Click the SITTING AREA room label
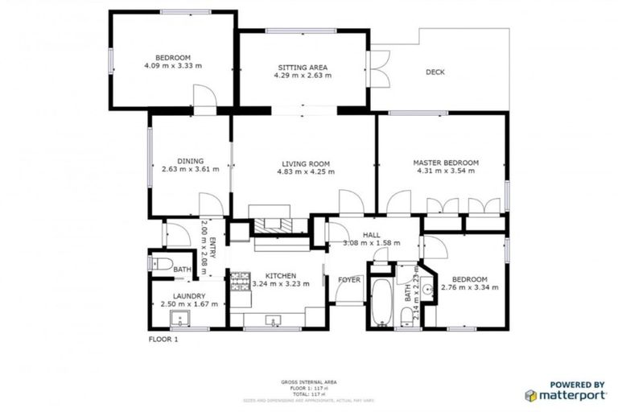pos(303,67)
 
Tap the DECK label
pos(435,72)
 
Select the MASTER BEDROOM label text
pos(447,163)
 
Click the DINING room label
pos(190,160)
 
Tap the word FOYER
pos(348,280)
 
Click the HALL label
pos(371,234)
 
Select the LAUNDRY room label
pos(189,296)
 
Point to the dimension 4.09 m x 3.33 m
pos(172,66)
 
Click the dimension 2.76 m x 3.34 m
pos(470,286)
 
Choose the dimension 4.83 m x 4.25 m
pos(303,172)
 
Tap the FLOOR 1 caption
pos(163,340)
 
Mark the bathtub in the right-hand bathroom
pos(381,301)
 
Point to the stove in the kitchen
pos(240,282)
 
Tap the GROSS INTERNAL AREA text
pos(308,381)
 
